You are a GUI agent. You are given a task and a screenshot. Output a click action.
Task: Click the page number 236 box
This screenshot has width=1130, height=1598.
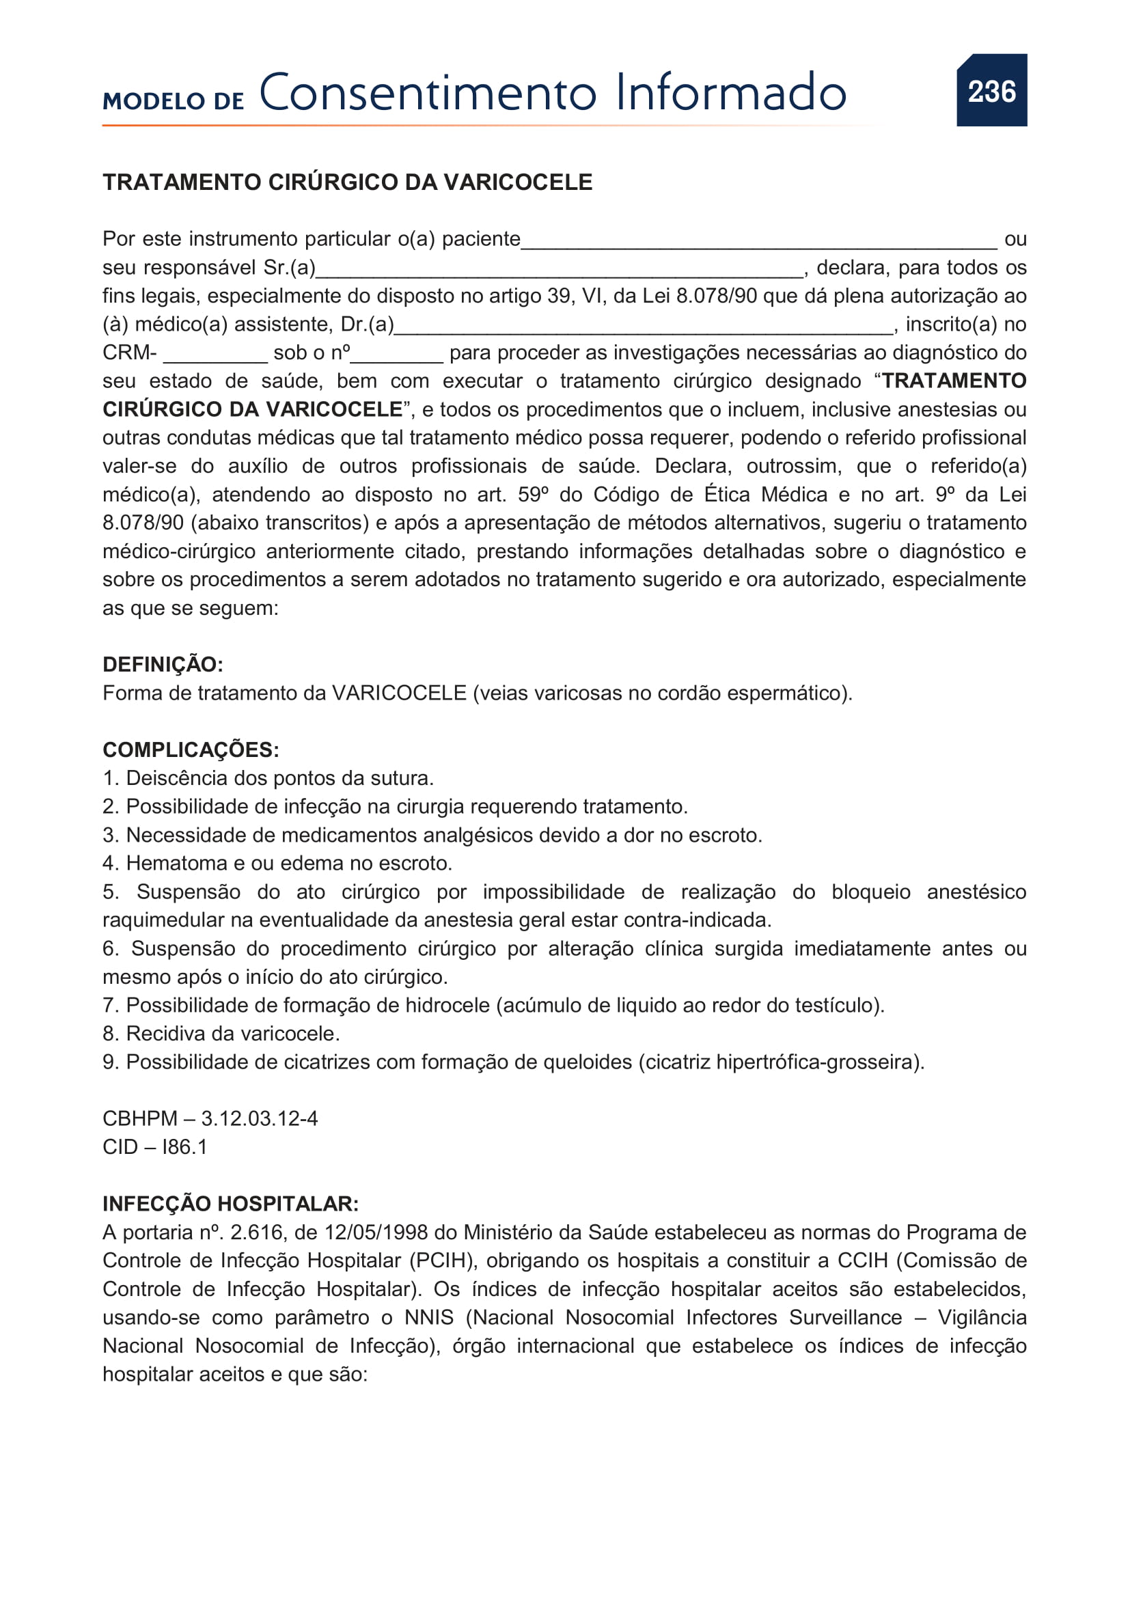tap(991, 90)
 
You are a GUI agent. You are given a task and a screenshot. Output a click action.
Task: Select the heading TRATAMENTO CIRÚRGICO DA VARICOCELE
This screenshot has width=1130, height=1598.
tap(347, 182)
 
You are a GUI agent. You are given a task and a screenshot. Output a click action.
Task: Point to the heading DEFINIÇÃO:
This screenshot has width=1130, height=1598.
tap(163, 665)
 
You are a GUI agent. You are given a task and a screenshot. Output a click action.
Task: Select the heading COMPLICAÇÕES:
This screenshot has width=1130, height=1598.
tap(191, 749)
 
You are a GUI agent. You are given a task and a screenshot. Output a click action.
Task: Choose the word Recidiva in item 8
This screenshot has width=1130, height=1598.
tap(156, 1034)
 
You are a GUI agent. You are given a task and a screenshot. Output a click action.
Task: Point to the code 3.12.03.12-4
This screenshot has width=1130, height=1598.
tap(260, 1118)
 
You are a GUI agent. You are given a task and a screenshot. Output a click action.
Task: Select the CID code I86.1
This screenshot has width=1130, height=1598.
tap(184, 1147)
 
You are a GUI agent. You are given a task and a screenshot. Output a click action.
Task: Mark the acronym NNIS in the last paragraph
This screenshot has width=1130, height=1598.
tap(428, 1317)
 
